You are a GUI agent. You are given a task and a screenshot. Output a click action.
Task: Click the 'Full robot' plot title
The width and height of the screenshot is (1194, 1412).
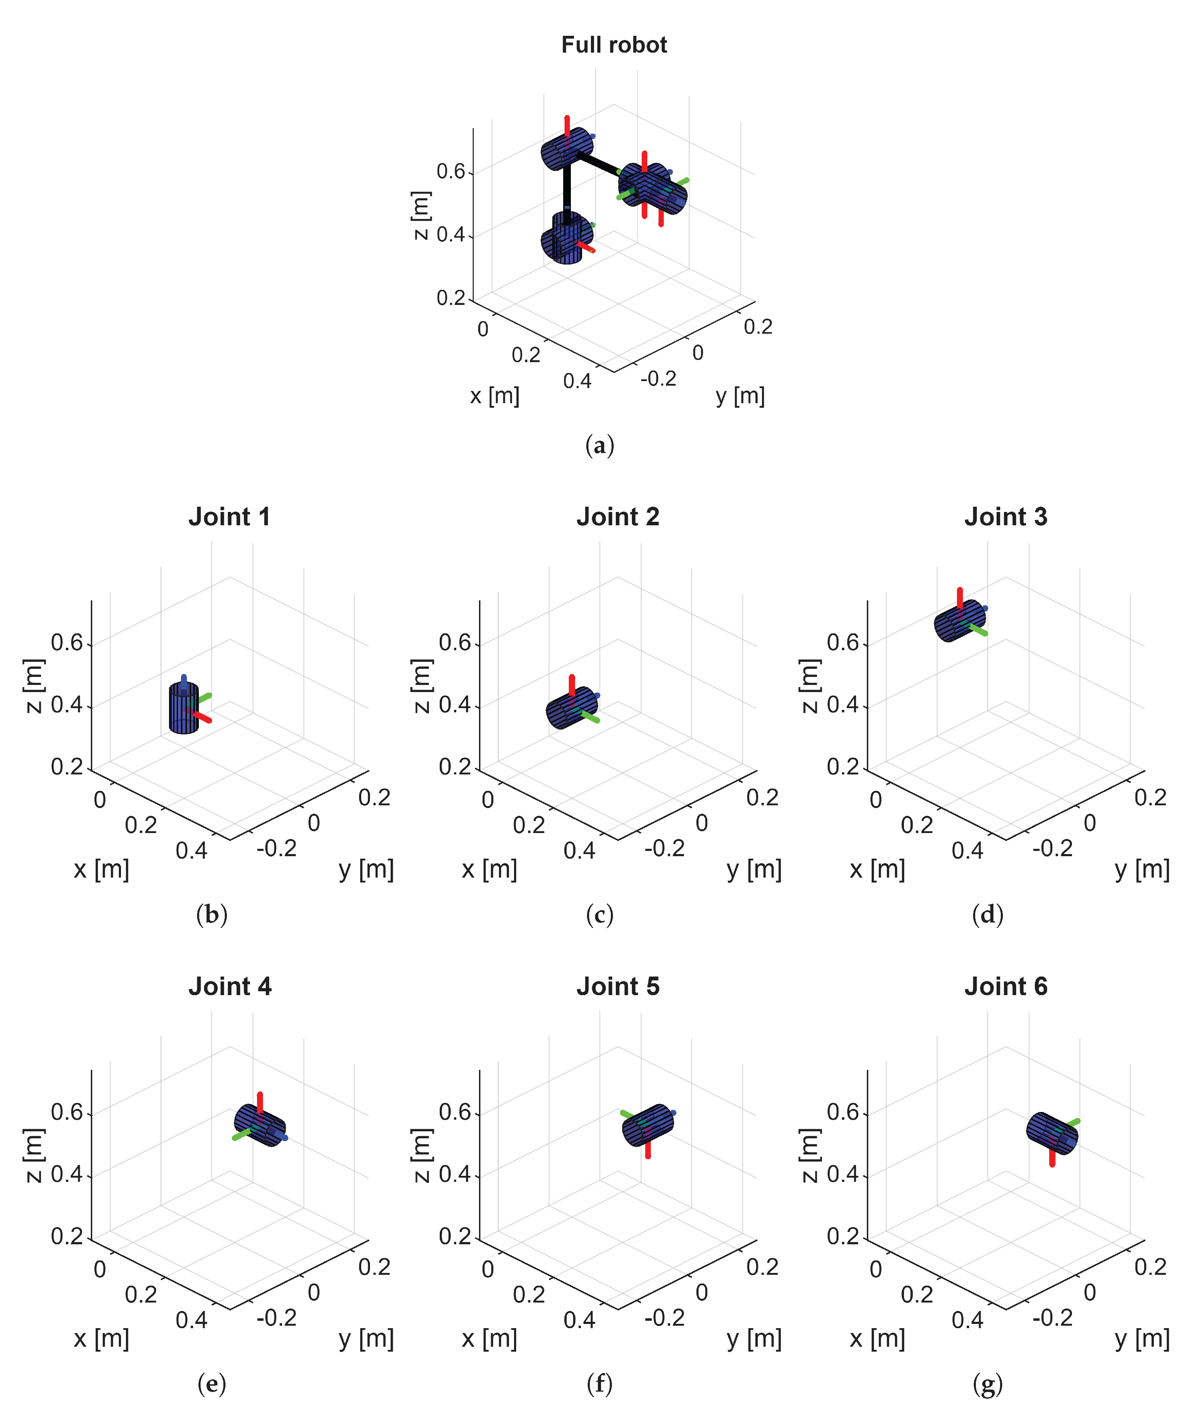tap(614, 45)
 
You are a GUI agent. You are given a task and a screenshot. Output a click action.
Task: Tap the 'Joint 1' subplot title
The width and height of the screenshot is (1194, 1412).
tap(229, 517)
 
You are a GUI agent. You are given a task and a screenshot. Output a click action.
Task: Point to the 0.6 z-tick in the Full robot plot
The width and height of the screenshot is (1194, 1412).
tap(451, 172)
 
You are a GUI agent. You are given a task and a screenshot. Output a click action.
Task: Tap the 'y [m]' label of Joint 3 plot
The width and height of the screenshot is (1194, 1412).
tap(1142, 869)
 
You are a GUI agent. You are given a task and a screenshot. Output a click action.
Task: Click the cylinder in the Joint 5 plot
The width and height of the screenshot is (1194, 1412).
tap(648, 1125)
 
